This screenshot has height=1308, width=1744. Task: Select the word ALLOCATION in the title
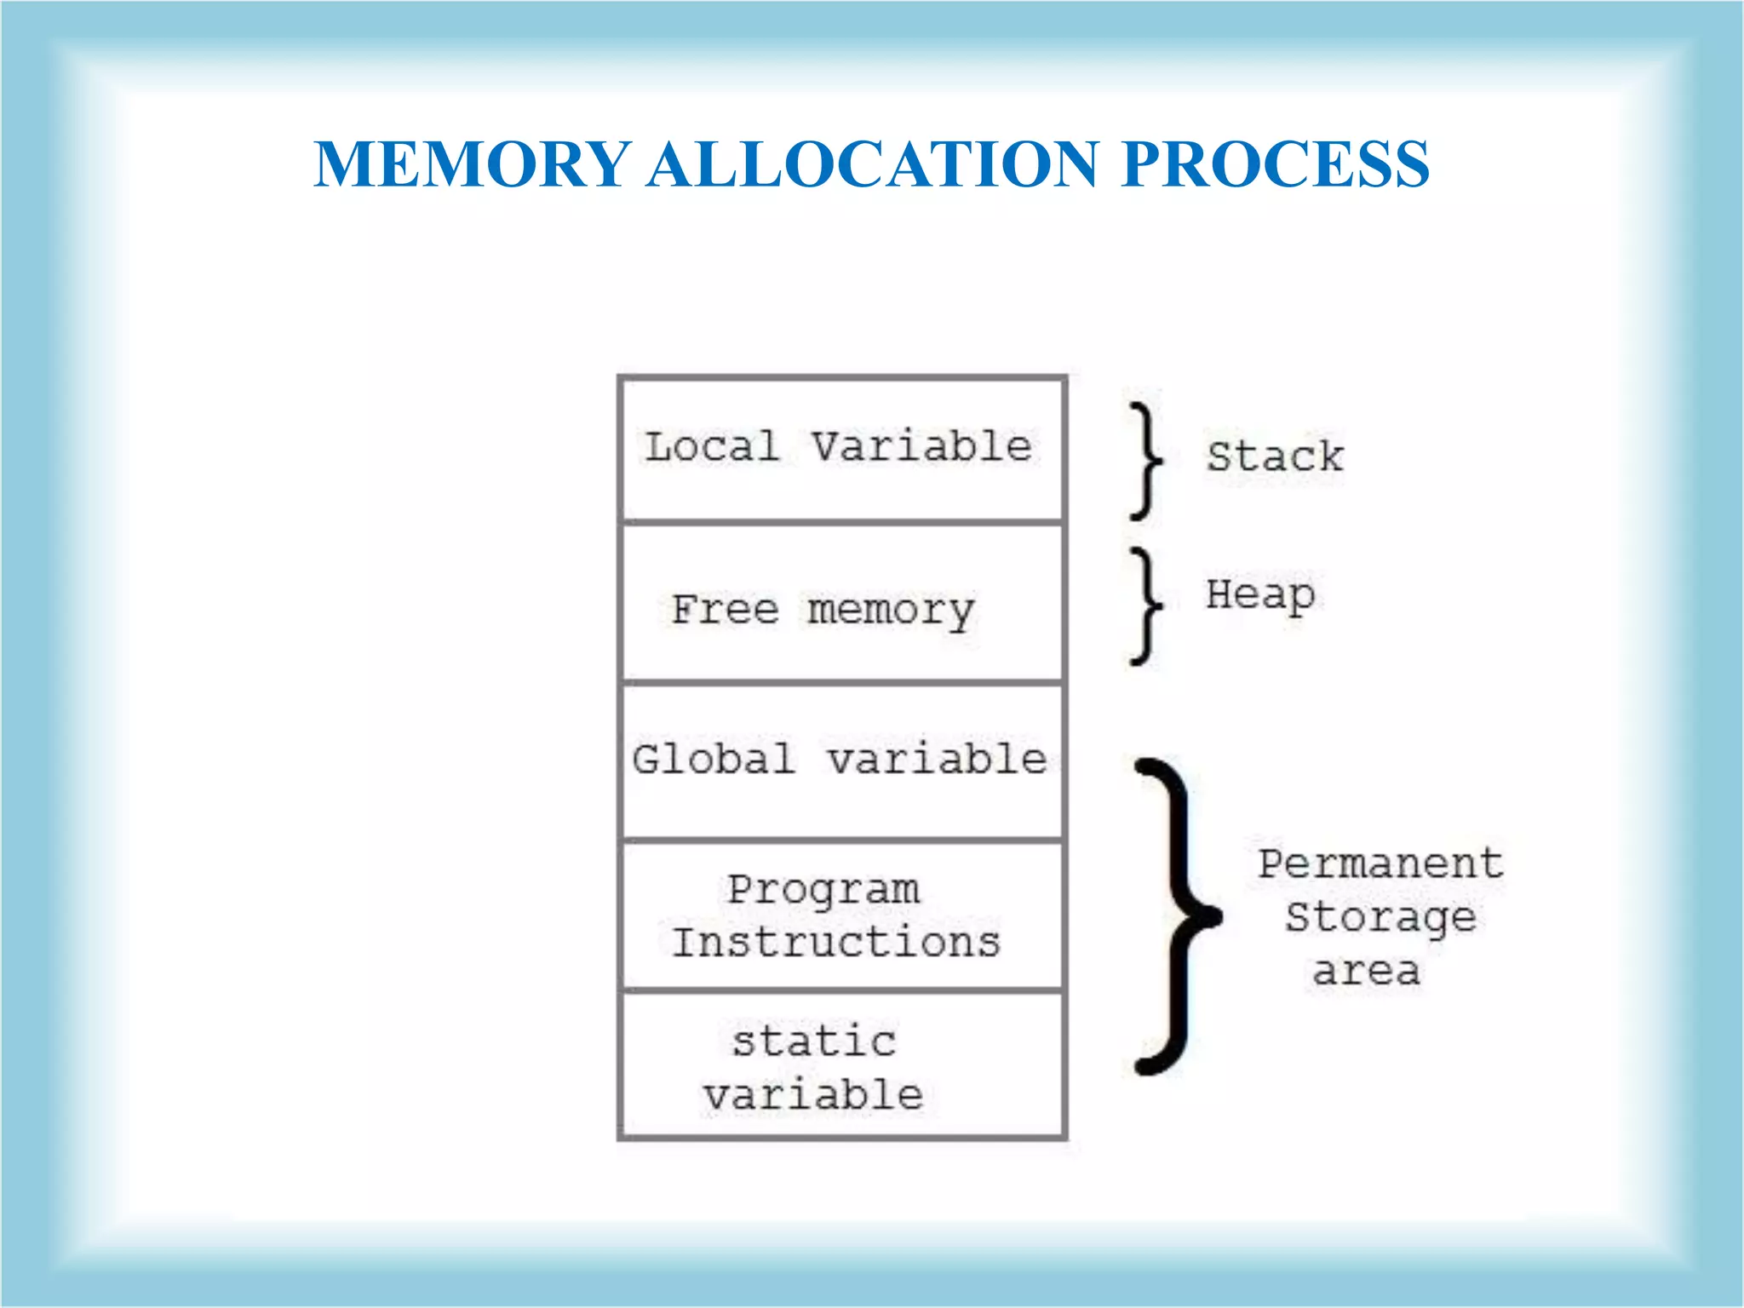pyautogui.click(x=873, y=164)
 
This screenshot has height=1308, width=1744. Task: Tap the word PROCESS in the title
pyautogui.click(x=1275, y=164)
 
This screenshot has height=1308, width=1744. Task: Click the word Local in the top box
pyautogui.click(x=712, y=447)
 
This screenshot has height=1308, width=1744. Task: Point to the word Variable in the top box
pyautogui.click(x=921, y=447)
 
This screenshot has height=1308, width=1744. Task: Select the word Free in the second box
pyautogui.click(x=725, y=610)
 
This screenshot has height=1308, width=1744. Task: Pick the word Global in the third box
pyautogui.click(x=714, y=759)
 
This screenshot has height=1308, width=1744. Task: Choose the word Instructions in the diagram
pyautogui.click(x=836, y=943)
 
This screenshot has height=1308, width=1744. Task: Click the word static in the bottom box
pyautogui.click(x=814, y=1041)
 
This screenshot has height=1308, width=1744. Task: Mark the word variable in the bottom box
pyautogui.click(x=813, y=1095)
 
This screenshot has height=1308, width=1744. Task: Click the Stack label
pyautogui.click(x=1275, y=456)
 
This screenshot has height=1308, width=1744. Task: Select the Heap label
pyautogui.click(x=1260, y=595)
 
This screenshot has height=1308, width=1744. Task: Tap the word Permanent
pyautogui.click(x=1380, y=863)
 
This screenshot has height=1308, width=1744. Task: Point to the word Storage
pyautogui.click(x=1380, y=918)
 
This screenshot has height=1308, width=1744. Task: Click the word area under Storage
pyautogui.click(x=1366, y=971)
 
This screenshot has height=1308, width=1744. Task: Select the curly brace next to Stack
pyautogui.click(x=1146, y=461)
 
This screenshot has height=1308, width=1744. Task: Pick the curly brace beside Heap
pyautogui.click(x=1146, y=605)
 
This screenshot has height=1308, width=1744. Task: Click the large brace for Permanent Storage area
pyautogui.click(x=1179, y=915)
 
